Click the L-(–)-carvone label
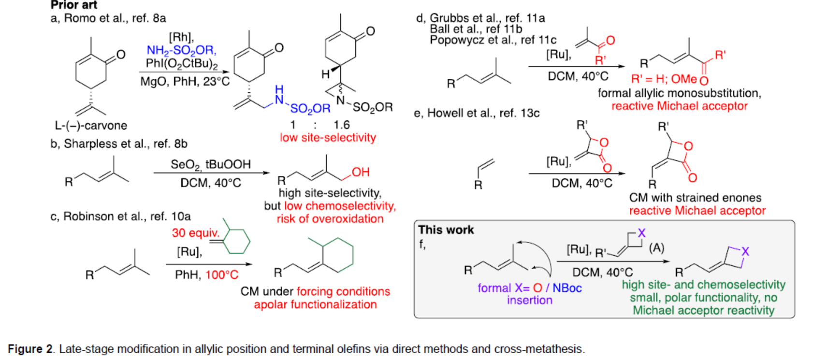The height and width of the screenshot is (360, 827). click(x=91, y=126)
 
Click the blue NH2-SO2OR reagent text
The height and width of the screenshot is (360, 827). click(x=181, y=51)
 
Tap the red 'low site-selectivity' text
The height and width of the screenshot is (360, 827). click(x=328, y=138)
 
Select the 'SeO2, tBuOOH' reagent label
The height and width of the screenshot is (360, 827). click(x=211, y=165)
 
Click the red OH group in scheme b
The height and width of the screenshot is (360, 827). click(x=361, y=172)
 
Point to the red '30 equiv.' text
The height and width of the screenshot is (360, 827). click(x=195, y=233)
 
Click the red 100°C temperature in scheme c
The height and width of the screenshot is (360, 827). click(x=222, y=275)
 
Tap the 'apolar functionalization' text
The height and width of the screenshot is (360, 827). click(x=315, y=304)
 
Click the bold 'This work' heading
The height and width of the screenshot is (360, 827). click(x=446, y=230)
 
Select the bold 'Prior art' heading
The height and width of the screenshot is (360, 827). click(x=74, y=5)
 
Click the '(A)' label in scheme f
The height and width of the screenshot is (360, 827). click(x=656, y=248)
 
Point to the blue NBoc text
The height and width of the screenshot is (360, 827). click(x=567, y=288)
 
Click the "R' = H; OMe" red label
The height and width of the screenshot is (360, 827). click(x=664, y=79)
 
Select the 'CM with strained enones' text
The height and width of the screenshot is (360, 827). click(x=695, y=198)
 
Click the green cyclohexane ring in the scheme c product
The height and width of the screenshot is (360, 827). click(x=338, y=254)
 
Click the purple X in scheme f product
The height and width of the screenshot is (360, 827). click(x=745, y=251)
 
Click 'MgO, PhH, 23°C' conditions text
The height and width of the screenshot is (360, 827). click(x=185, y=81)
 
